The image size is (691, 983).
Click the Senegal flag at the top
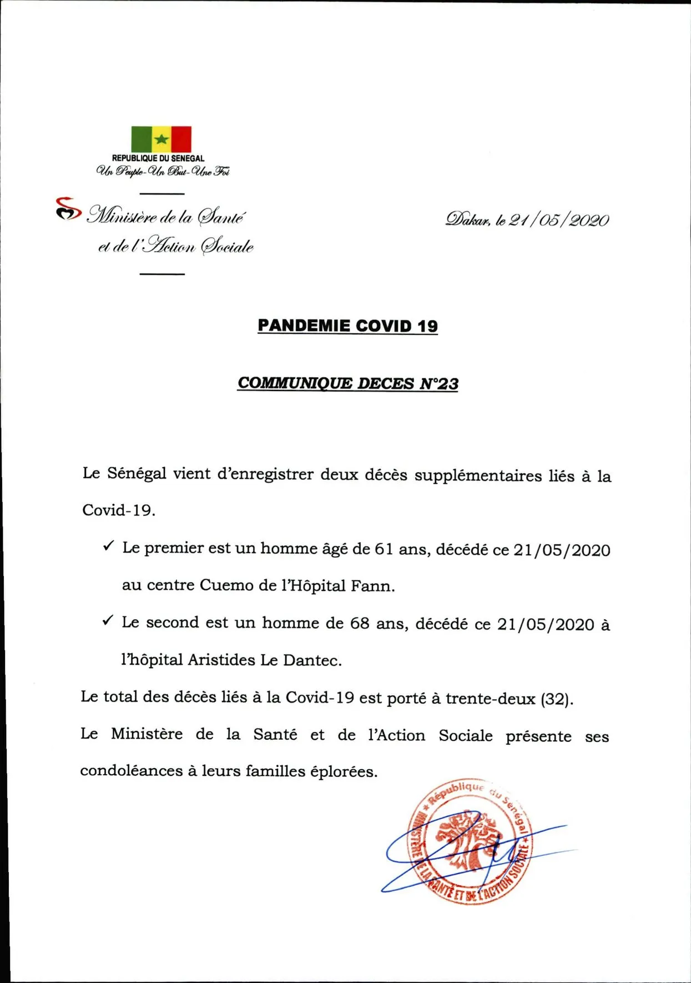(161, 139)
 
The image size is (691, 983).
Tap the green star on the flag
(161, 139)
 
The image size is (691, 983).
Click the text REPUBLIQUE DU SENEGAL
(158, 158)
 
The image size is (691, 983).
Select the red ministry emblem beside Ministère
(67, 209)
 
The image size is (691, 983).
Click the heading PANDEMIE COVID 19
(347, 326)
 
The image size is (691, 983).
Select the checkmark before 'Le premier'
(108, 546)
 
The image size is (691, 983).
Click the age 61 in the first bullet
(384, 549)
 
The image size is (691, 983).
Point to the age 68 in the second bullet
(359, 624)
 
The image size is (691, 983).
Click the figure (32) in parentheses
(556, 699)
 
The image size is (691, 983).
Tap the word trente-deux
(490, 698)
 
